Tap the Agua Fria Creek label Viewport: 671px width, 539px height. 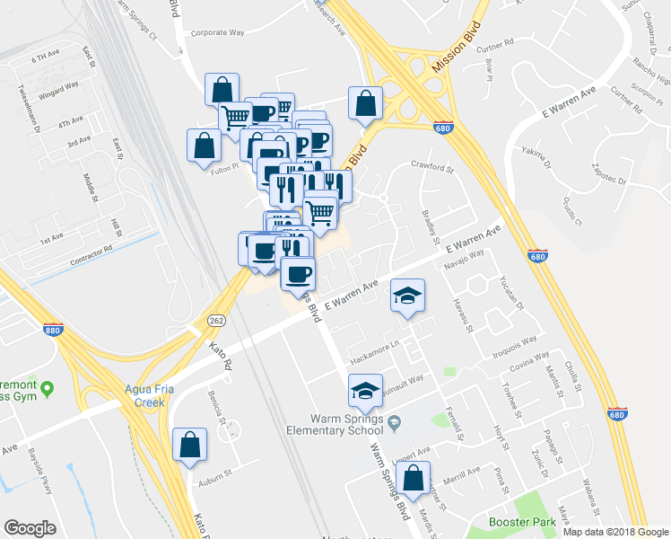[137, 396]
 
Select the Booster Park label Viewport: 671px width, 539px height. [520, 522]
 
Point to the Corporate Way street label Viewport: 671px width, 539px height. [217, 32]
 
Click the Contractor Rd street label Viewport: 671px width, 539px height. [91, 254]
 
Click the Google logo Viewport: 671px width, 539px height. [30, 527]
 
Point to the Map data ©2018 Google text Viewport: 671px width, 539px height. [614, 531]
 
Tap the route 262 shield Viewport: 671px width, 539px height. [217, 321]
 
